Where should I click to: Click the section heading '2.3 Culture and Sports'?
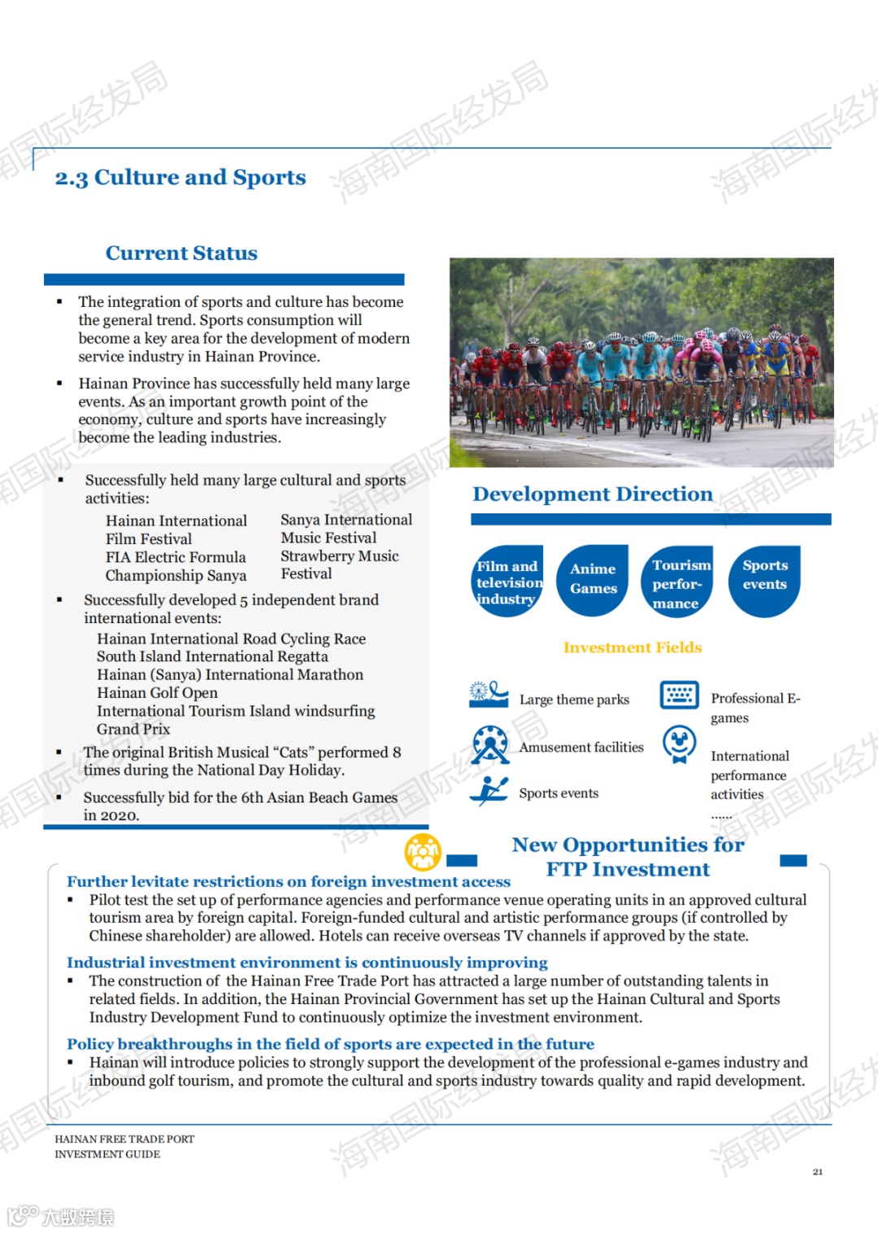point(180,177)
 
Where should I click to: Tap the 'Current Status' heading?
point(181,253)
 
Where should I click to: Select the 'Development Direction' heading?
point(592,494)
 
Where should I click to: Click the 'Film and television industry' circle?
point(508,582)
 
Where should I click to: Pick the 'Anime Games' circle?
point(593,580)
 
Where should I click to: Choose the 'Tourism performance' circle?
point(680,582)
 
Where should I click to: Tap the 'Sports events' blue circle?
point(764,580)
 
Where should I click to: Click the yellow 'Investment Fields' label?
point(632,647)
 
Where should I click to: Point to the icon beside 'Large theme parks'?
point(489,694)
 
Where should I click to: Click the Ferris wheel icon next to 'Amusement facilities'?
point(490,744)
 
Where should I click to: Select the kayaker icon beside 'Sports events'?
point(489,790)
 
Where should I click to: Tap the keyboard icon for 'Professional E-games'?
point(680,694)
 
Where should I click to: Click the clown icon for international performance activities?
point(679,744)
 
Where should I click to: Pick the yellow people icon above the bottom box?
point(423,852)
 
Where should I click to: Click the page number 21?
point(817,1171)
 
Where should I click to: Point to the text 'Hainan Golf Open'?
point(157,693)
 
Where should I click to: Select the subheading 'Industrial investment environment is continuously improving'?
point(306,963)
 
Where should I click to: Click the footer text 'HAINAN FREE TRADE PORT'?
point(124,1139)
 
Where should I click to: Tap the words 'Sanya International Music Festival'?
point(346,529)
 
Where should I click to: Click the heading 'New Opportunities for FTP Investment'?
point(628,857)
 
